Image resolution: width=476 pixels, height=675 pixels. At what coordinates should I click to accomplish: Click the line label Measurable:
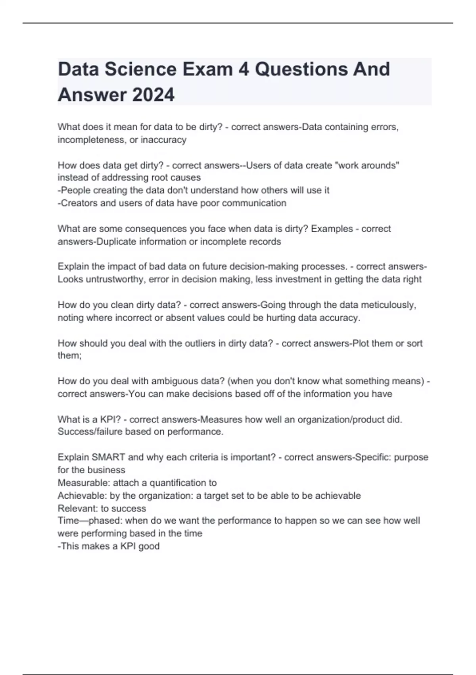pyautogui.click(x=84, y=483)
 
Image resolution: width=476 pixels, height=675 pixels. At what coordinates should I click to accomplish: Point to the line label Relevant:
pyautogui.click(x=78, y=509)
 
